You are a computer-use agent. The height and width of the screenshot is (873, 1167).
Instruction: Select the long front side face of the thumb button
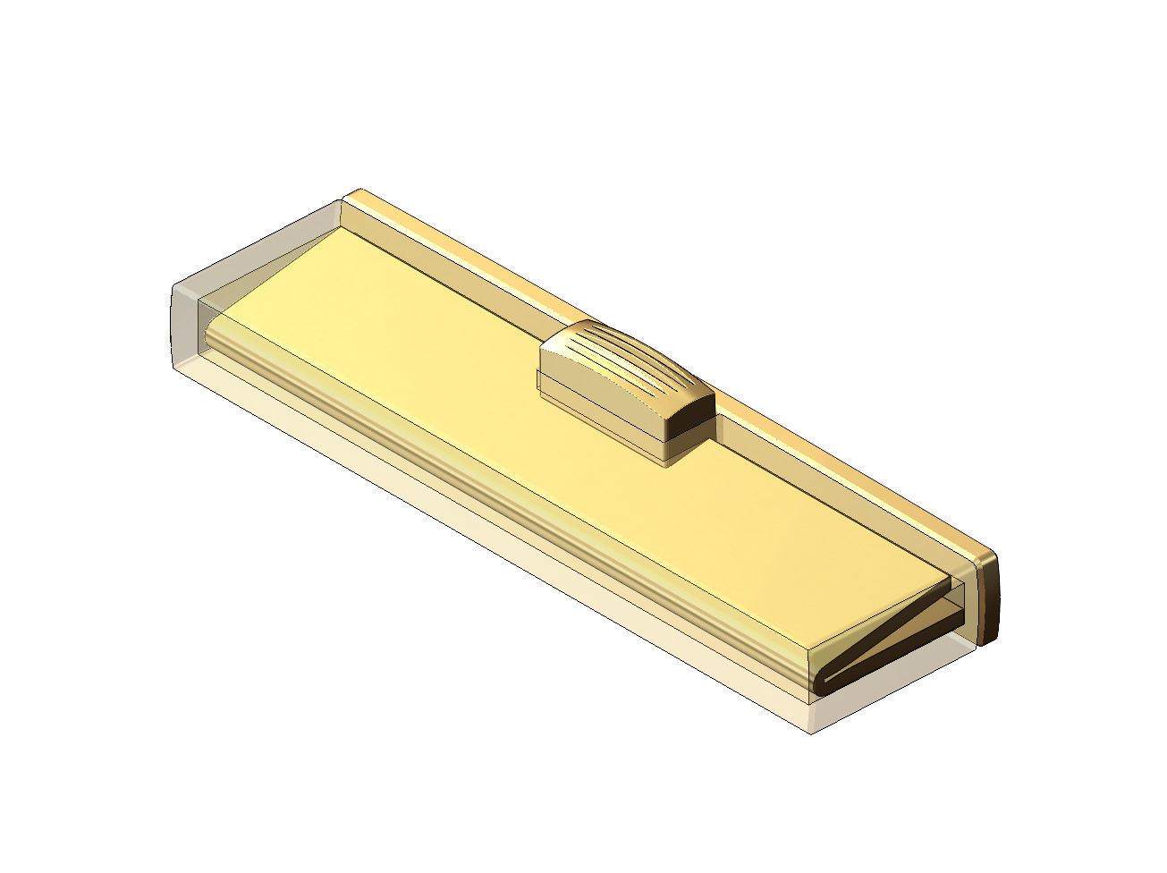pos(599,407)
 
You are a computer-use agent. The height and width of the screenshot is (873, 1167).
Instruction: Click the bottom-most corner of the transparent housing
pos(810,732)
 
